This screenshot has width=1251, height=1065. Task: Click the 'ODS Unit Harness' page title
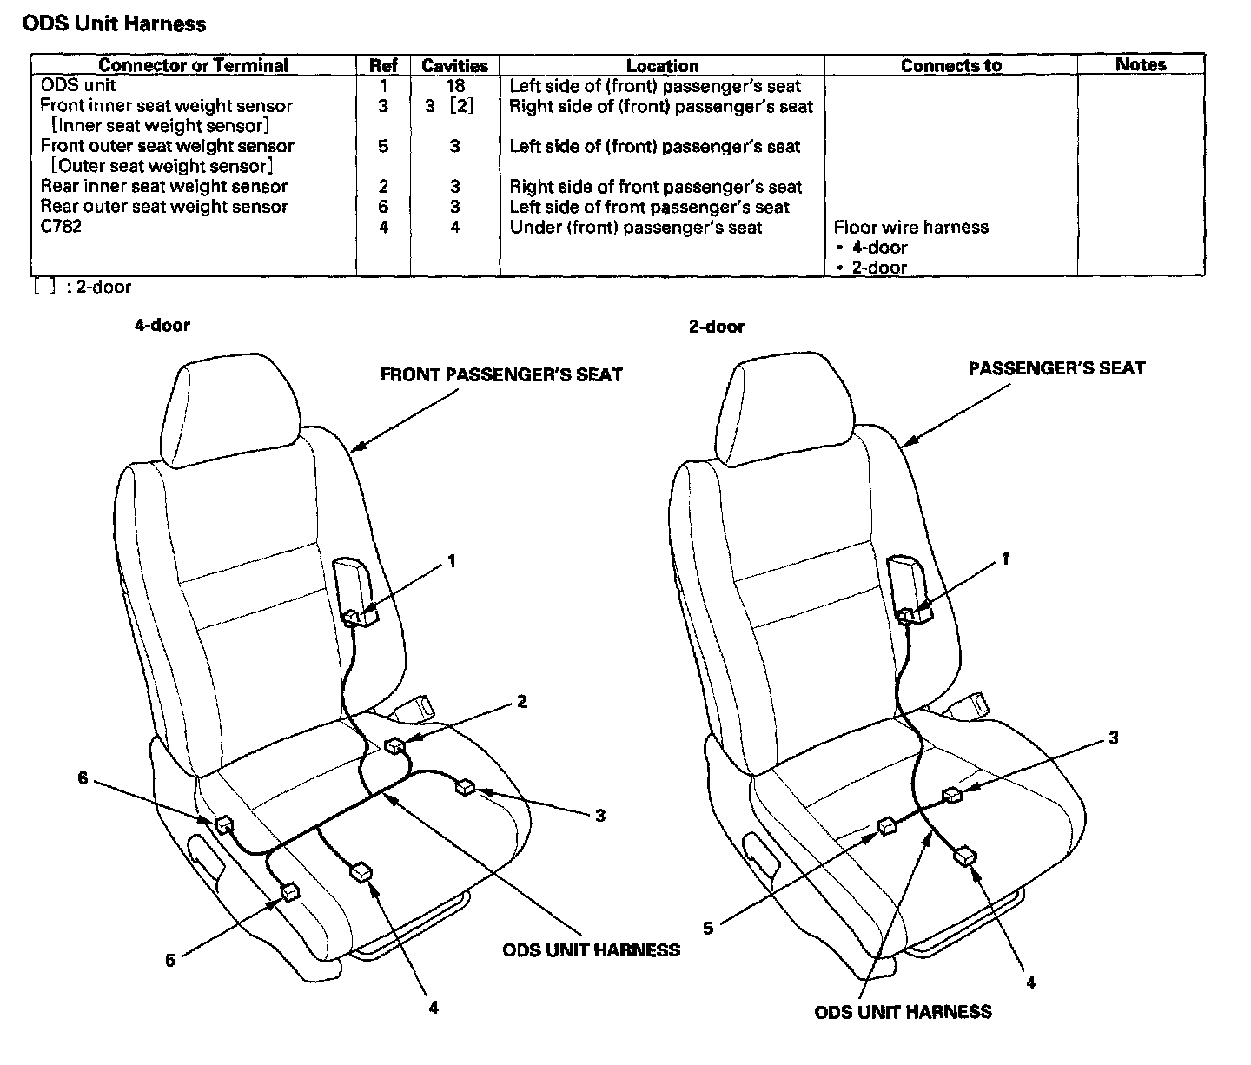[114, 23]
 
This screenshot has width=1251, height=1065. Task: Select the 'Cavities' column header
[454, 65]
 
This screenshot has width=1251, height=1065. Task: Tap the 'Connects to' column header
[950, 65]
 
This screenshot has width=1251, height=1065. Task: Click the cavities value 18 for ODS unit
[454, 85]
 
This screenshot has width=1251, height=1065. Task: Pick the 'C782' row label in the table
[61, 227]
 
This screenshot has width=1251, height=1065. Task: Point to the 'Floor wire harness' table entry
[910, 227]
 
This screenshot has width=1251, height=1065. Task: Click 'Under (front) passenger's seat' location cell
[635, 227]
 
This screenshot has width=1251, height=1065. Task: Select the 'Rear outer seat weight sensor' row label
[163, 207]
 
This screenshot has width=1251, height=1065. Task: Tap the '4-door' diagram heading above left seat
[162, 325]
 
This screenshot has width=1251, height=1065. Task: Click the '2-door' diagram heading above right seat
[716, 327]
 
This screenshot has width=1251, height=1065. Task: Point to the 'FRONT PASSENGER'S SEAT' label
[501, 375]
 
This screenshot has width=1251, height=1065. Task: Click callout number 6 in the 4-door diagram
[83, 778]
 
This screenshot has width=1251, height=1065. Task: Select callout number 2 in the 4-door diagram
[522, 701]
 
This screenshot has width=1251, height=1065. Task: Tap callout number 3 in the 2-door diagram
[1113, 738]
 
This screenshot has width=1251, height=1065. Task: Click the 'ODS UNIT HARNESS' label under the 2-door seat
[903, 1012]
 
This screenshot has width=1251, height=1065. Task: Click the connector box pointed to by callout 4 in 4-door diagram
[361, 872]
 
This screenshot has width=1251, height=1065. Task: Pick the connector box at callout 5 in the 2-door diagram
[887, 825]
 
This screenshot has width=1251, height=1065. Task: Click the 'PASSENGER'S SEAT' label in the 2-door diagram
[1056, 368]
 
